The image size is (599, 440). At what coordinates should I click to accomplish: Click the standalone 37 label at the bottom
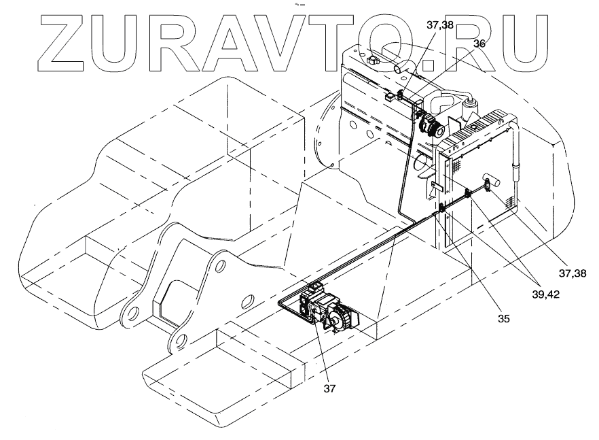(x=329, y=389)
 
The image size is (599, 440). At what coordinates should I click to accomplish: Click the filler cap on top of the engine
(x=371, y=61)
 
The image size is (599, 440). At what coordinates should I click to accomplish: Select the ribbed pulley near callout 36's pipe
(x=431, y=126)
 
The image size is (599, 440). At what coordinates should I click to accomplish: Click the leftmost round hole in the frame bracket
(x=132, y=313)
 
